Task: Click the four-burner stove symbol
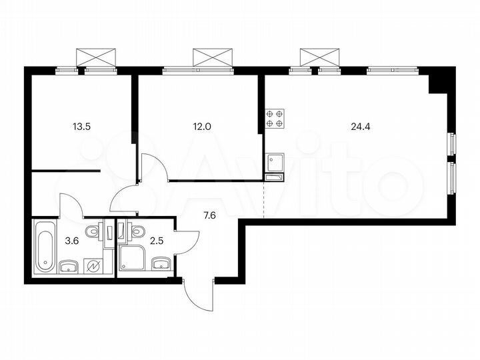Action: pos(275,118)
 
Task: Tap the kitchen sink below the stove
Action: pos(275,162)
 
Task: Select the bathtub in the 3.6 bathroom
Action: pos(44,247)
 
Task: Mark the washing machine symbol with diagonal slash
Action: pos(94,266)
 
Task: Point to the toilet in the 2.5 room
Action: pos(137,231)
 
